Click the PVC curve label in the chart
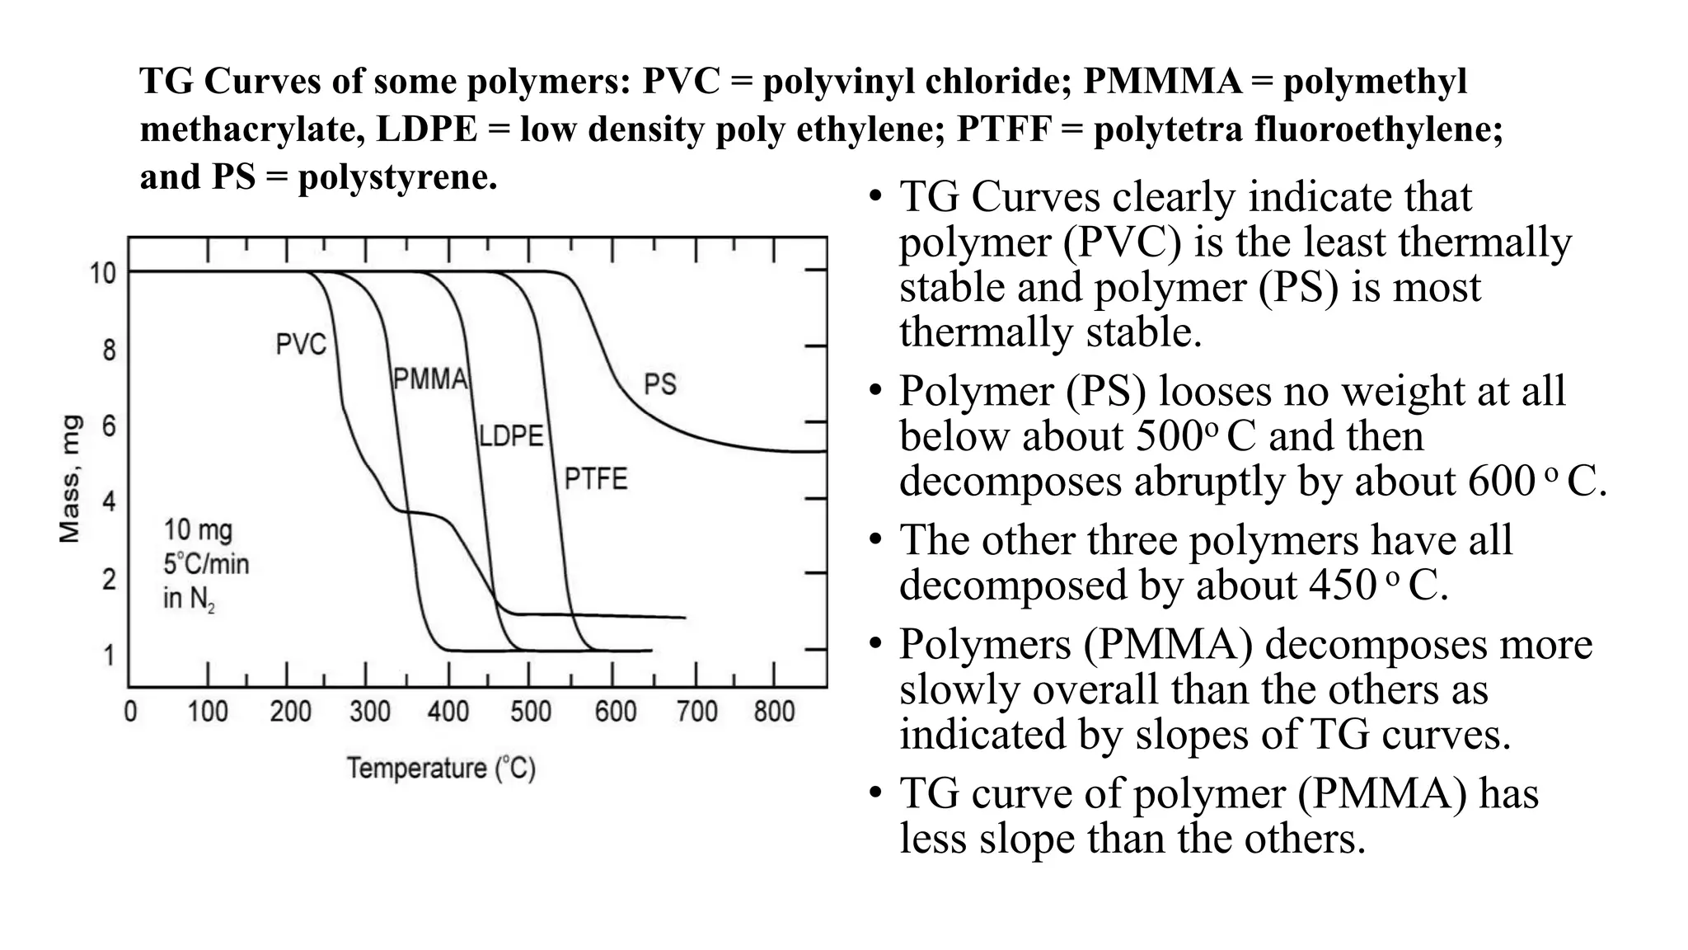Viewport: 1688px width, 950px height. (x=301, y=345)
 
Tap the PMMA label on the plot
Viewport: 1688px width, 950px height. (x=430, y=379)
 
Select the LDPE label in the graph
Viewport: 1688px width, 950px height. (x=511, y=435)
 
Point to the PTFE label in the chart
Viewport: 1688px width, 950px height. (x=595, y=479)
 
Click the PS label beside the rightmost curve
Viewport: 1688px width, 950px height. (x=659, y=384)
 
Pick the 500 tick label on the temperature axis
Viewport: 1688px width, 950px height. (x=530, y=712)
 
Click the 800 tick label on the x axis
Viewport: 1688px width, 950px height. (x=774, y=712)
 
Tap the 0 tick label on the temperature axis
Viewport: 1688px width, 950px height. (x=130, y=712)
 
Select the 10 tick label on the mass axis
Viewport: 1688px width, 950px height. (x=103, y=273)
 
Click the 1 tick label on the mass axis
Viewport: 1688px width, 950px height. (x=109, y=656)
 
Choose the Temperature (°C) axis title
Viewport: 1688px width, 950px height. (x=441, y=769)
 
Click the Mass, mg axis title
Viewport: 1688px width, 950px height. (x=71, y=479)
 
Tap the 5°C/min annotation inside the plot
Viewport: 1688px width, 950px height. (x=206, y=564)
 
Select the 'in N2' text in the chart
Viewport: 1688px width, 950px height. (x=189, y=599)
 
